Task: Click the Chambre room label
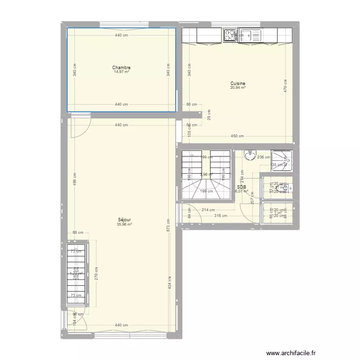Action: pos(121,68)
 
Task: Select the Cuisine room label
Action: pos(238,84)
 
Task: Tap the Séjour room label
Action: pos(124,219)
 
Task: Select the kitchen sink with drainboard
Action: pos(250,35)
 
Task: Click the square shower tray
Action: pos(282,162)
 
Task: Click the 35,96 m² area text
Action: pos(124,224)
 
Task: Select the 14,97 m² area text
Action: pos(121,72)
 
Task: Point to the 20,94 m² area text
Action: pos(238,88)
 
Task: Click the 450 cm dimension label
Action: pos(237,136)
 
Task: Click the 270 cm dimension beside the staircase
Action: pos(96,274)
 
